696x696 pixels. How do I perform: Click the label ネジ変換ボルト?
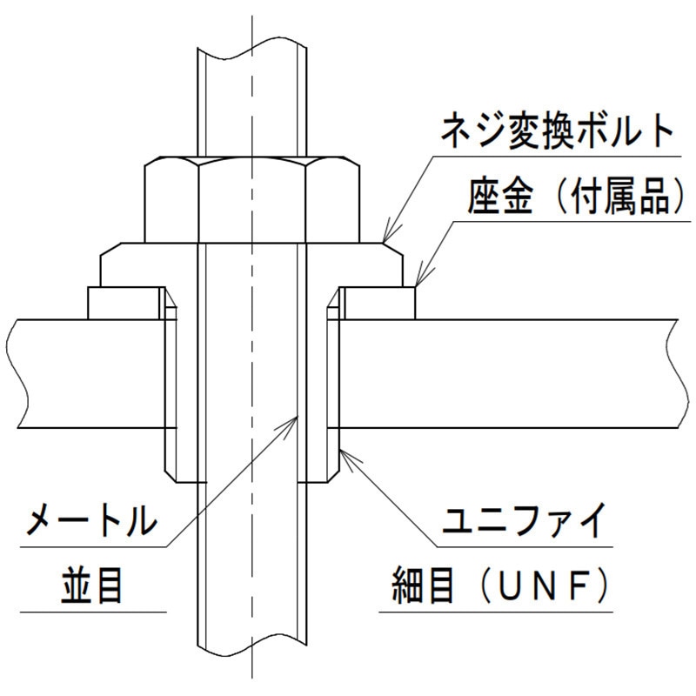coord(557,130)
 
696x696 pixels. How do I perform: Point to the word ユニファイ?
coord(524,520)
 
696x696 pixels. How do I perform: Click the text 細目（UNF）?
coord(498,586)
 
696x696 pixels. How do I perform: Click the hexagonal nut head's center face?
coord(251,202)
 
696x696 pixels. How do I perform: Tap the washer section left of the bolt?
coord(124,303)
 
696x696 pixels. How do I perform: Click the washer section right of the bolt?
coord(379,303)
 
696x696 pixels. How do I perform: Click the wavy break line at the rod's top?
coord(252,48)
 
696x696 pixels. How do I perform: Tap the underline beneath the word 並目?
coord(93,612)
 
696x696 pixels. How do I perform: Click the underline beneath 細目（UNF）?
coord(496,612)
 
